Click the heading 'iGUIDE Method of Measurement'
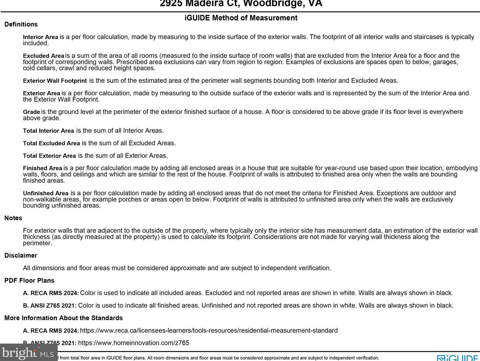click(x=241, y=18)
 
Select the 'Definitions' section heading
click(x=21, y=24)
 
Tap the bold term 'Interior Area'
click(x=41, y=37)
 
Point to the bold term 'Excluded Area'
click(x=44, y=56)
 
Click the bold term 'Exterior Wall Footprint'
click(x=55, y=81)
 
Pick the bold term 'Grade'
click(x=32, y=112)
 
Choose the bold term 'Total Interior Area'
click(x=48, y=131)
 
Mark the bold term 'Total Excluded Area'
click(x=52, y=143)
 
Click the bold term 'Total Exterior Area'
click(x=49, y=156)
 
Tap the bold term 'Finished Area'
click(x=43, y=168)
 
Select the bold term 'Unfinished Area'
click(x=46, y=193)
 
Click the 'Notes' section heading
click(x=13, y=218)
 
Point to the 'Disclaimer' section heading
click(x=21, y=256)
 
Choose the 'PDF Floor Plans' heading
click(x=29, y=281)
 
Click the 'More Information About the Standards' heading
click(x=64, y=318)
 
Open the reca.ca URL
click(x=209, y=330)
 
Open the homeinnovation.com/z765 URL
click(x=134, y=343)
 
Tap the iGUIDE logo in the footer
click(x=458, y=358)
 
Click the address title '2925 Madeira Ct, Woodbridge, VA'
click(x=241, y=4)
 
